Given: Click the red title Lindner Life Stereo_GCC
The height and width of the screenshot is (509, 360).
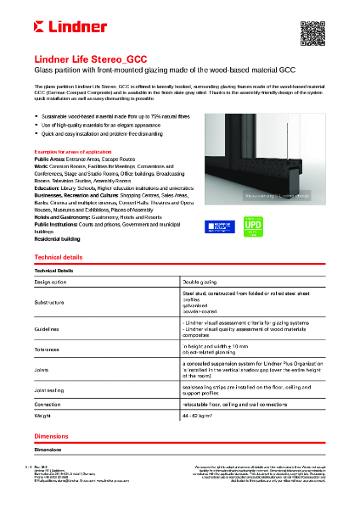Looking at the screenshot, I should click(x=90, y=60).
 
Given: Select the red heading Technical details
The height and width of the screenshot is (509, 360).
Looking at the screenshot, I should click(x=59, y=256).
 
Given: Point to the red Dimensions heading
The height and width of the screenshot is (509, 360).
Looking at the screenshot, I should click(x=51, y=435).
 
